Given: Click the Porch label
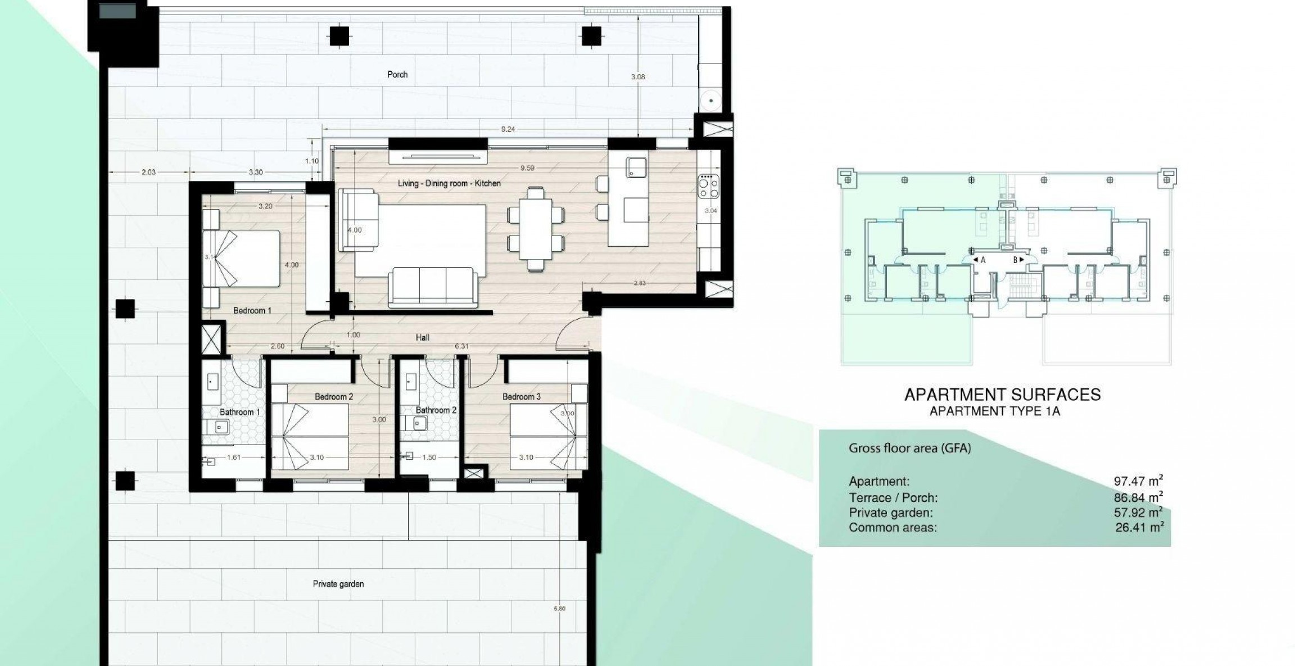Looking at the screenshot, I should [x=397, y=74].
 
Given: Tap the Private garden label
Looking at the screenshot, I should [x=338, y=584].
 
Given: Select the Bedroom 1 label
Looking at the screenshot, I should [x=252, y=310].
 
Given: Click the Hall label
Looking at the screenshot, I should [x=422, y=337].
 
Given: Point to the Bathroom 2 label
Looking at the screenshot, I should [x=436, y=410].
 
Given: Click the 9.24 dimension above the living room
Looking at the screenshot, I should [x=508, y=129].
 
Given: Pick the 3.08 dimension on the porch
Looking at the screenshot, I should [x=637, y=77].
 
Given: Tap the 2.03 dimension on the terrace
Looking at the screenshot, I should [x=148, y=173].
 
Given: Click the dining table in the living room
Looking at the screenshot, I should [x=536, y=229].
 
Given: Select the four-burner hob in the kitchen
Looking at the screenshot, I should [x=708, y=186].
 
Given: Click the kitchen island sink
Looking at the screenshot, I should [x=636, y=167].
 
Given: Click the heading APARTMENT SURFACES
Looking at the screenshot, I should [x=1002, y=395].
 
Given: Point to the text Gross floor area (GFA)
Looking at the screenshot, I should [x=909, y=448].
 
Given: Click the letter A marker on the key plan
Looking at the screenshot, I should [x=982, y=260].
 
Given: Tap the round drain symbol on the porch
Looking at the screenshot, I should [x=711, y=101].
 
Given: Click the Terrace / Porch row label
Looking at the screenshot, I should [x=893, y=497].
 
